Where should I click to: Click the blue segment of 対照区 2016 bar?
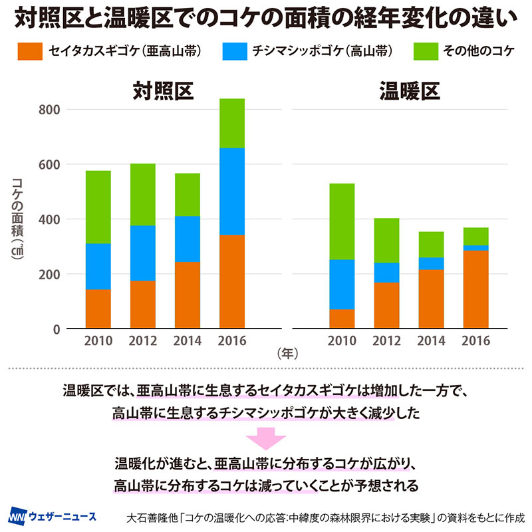point(232,192)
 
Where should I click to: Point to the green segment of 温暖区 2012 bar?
point(386,240)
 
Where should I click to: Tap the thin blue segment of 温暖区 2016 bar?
point(476,248)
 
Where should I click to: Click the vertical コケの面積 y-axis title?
point(18,219)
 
